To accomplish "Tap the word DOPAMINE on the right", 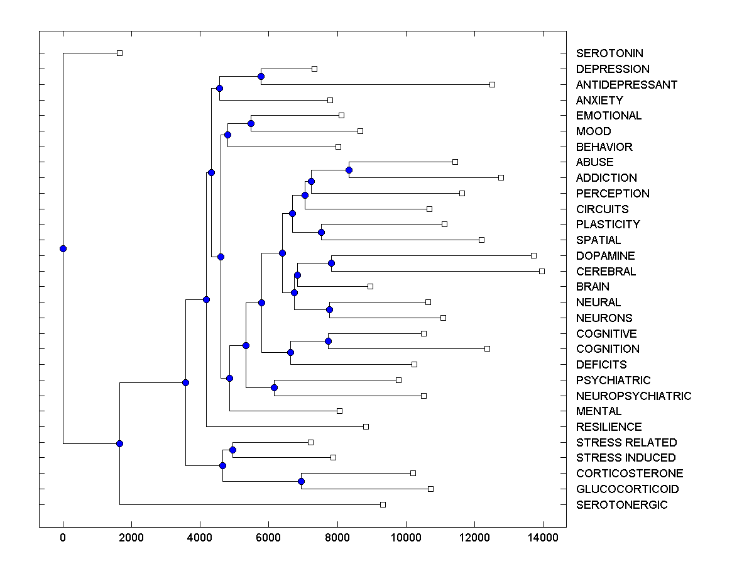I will (x=605, y=255).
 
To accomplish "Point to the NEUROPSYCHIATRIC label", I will (x=633, y=396).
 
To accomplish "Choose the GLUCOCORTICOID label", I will (x=627, y=489).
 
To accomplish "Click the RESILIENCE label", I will (x=609, y=426).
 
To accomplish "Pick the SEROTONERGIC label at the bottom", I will (x=621, y=504).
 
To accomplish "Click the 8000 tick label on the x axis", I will (x=337, y=538).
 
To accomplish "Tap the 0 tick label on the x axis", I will (x=63, y=538).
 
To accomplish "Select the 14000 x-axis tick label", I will (x=543, y=538).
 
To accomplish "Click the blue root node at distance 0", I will (x=63, y=248).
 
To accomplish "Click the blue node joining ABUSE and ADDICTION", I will (x=349, y=170).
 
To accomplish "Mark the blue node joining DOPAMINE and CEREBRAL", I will (x=331, y=263).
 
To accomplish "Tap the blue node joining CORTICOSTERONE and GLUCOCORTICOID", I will (x=301, y=481).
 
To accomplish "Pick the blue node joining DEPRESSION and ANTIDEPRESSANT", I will (x=261, y=76).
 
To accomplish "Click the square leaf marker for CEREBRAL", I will (x=542, y=271).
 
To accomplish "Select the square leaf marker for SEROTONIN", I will (x=119, y=53).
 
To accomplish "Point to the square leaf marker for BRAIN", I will (x=370, y=286).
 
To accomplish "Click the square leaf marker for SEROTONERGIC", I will (x=383, y=504).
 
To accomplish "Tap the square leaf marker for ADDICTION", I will (x=501, y=177).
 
